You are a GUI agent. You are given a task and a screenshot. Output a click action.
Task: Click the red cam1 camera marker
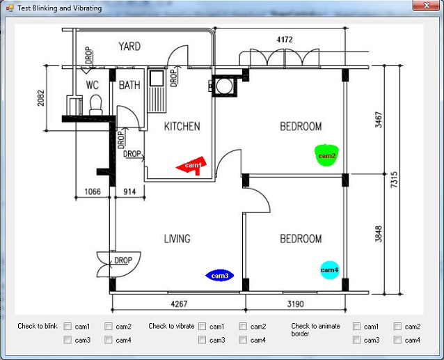point(193,166)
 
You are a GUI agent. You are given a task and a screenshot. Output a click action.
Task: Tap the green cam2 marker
point(327,155)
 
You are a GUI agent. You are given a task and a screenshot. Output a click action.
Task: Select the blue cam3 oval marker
point(220,276)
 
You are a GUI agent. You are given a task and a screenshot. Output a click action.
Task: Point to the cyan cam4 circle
point(330,270)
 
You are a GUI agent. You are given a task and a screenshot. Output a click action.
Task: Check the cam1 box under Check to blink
point(68,327)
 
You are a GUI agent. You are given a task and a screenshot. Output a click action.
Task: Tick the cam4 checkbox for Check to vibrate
point(243,340)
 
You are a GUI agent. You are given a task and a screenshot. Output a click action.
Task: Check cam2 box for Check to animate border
point(397,327)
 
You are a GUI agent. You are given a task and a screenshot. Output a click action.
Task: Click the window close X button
point(427,5)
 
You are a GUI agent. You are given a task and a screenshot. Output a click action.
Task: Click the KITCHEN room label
point(182,126)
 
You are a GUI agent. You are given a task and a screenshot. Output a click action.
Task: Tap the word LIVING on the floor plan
point(177,239)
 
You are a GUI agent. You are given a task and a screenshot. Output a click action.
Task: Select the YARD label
point(129,47)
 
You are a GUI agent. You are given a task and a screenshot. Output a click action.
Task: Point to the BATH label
point(129,85)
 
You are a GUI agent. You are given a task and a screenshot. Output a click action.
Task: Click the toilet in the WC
point(96,105)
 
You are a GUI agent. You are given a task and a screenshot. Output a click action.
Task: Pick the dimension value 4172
point(285,40)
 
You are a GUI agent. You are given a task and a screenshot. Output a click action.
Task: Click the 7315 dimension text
point(394,180)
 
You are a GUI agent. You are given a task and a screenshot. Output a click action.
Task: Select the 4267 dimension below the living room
point(179,304)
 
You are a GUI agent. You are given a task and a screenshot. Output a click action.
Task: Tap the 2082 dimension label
point(41,98)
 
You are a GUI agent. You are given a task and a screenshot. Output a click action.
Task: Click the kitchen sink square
point(157,78)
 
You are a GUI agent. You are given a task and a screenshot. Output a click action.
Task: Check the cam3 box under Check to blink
point(68,340)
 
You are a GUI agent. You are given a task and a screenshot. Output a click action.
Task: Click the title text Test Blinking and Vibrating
point(59,8)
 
